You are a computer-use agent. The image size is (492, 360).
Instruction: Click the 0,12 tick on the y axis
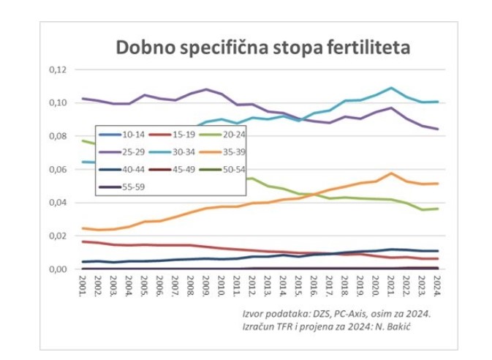coord(57,70)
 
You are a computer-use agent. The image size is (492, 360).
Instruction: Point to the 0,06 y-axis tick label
coord(57,170)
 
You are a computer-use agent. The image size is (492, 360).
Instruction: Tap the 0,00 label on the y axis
coord(57,269)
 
